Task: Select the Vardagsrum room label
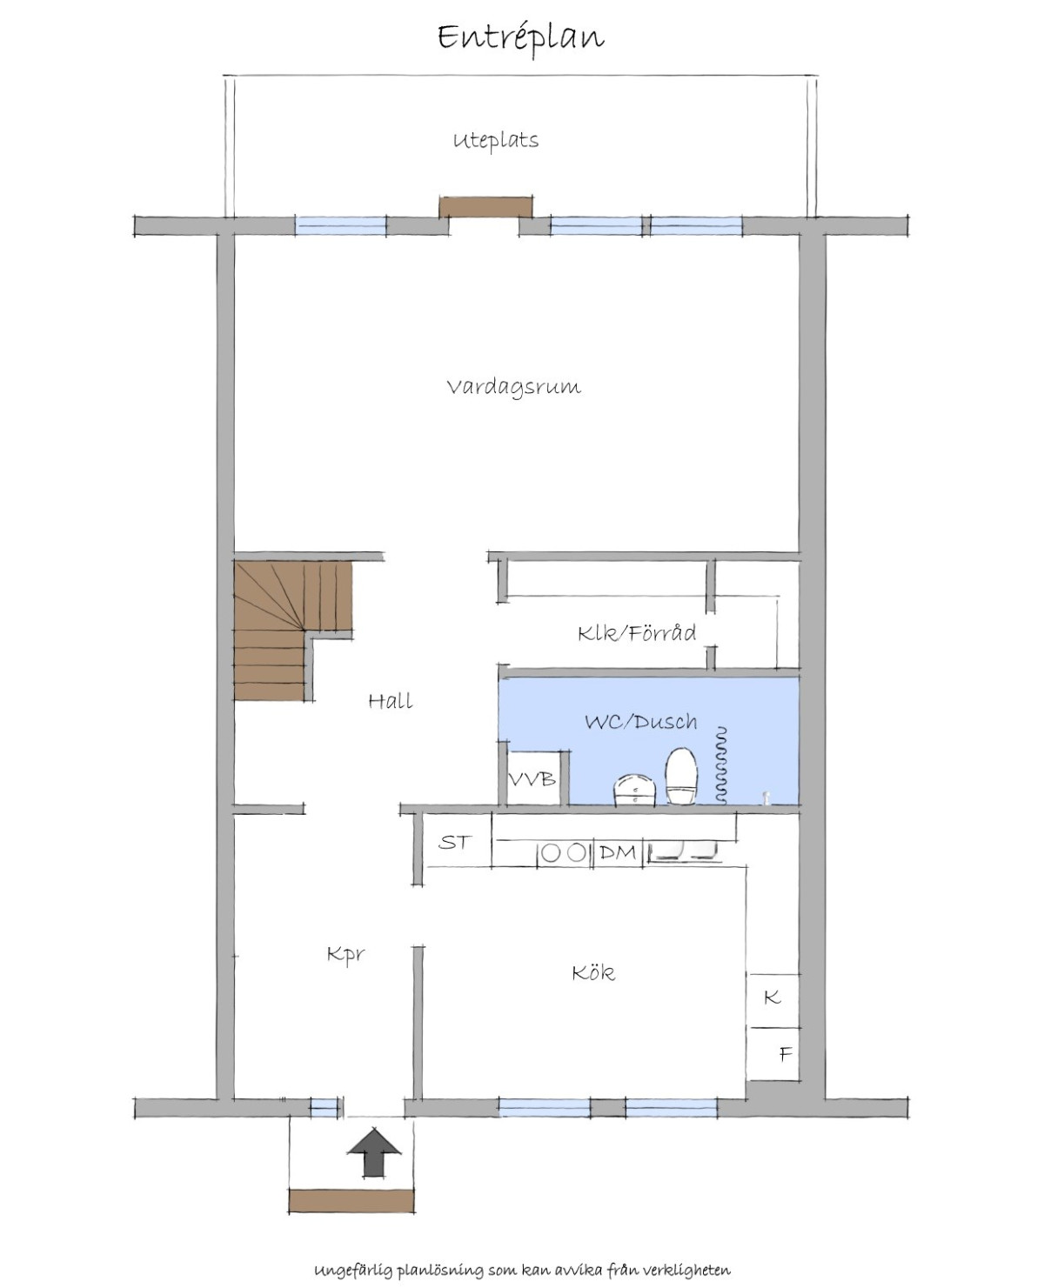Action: tap(514, 388)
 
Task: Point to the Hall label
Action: tap(391, 702)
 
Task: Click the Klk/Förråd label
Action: tap(637, 633)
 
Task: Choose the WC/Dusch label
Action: tap(641, 722)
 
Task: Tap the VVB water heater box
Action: tap(532, 779)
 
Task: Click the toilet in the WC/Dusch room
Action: tap(682, 777)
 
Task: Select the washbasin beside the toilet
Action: tap(634, 791)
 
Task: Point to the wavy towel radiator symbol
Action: tap(720, 765)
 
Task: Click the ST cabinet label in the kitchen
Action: tap(454, 842)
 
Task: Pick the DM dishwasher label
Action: tap(618, 852)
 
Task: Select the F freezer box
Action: tap(774, 1055)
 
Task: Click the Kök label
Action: tap(593, 973)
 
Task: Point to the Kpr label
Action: tap(346, 955)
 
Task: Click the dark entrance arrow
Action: tap(374, 1151)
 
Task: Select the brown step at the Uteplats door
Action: tap(485, 207)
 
